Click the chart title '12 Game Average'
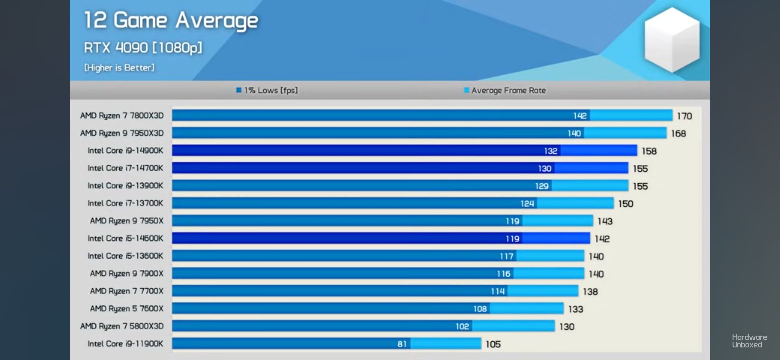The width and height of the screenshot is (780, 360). click(x=171, y=21)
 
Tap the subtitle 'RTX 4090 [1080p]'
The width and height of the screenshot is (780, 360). click(x=143, y=48)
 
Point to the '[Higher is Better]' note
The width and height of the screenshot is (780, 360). click(x=119, y=68)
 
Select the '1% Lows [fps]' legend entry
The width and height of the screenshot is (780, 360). click(x=267, y=90)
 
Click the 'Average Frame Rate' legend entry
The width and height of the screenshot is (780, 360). click(x=505, y=90)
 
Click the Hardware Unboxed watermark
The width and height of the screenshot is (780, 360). click(x=749, y=341)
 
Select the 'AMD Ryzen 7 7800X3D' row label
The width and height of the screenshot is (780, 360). click(x=122, y=116)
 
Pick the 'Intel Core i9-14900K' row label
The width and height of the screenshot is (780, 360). click(x=125, y=151)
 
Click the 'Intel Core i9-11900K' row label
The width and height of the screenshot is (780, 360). click(x=125, y=344)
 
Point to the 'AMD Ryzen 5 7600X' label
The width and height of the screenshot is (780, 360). click(x=127, y=309)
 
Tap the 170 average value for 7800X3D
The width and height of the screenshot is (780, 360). click(x=684, y=116)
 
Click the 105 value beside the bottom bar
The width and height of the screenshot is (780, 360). click(x=493, y=344)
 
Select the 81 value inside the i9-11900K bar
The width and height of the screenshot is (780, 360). click(x=402, y=344)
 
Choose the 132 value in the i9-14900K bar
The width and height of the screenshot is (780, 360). click(x=550, y=151)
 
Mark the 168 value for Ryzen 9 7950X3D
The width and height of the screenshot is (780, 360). click(x=678, y=134)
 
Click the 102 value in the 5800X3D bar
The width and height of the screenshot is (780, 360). click(x=462, y=326)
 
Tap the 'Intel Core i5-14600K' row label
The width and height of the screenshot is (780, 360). click(x=125, y=238)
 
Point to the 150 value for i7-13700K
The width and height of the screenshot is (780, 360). click(x=626, y=204)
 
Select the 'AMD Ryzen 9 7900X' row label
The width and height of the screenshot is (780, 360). click(x=127, y=274)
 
